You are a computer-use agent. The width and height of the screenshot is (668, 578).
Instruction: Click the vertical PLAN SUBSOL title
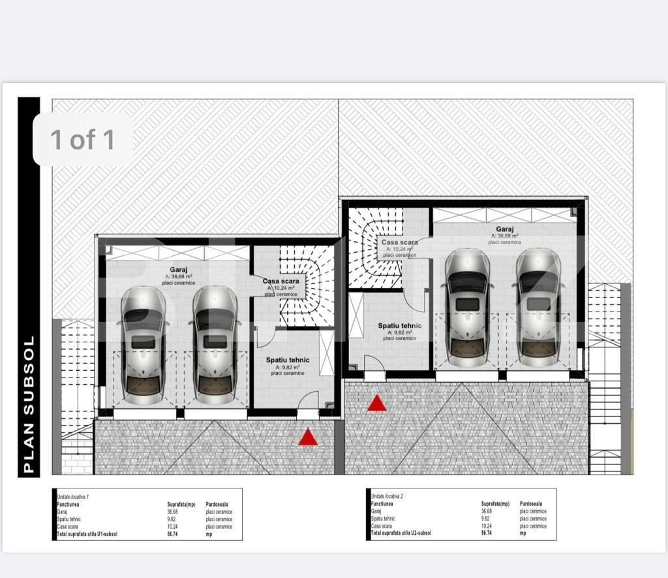(28, 404)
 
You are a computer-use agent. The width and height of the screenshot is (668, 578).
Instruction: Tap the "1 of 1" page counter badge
(83, 140)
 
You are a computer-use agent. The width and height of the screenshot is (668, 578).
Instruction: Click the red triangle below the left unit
(308, 437)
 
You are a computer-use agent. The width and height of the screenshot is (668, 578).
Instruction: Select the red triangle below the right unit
(376, 403)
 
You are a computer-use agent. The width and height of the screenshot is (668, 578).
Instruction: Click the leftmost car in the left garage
(143, 344)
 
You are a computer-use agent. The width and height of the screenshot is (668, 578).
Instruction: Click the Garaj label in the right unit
(504, 229)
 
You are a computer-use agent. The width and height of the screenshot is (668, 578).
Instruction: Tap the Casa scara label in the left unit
(281, 281)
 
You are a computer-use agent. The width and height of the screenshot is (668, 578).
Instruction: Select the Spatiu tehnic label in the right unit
(399, 325)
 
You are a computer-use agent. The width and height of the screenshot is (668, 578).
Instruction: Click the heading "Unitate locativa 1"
(74, 497)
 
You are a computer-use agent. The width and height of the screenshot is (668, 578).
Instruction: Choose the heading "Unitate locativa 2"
(387, 496)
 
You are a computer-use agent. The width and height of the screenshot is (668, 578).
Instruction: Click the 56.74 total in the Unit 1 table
(172, 534)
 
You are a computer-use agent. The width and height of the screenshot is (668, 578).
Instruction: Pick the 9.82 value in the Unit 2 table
(486, 519)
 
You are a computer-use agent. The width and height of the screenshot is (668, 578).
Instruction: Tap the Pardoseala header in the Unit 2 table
(530, 504)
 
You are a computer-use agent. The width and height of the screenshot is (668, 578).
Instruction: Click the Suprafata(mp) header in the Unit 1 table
(181, 505)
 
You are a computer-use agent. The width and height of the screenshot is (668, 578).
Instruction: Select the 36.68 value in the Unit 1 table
(172, 512)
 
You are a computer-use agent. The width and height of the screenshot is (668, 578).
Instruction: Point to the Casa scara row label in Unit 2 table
(382, 526)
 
